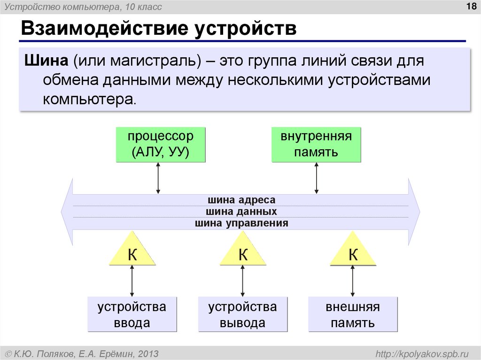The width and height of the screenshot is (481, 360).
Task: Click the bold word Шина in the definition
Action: coord(46,61)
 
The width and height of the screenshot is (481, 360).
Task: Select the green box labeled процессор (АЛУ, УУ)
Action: coord(161,145)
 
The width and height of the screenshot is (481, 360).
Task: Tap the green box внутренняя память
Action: coord(316,145)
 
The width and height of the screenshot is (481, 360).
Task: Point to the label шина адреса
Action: coord(240,200)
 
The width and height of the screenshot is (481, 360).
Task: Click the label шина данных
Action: coord(241,212)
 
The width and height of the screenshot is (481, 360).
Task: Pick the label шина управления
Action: coord(241,223)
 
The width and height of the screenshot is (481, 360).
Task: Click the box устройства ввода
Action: coord(132,314)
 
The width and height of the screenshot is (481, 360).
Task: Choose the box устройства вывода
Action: coord(243,314)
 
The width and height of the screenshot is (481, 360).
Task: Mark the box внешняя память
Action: coord(353,314)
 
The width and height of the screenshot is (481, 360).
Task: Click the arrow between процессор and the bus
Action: coord(158,178)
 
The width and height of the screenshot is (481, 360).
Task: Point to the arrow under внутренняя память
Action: coord(316,178)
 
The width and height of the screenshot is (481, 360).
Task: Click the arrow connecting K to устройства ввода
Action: coord(132,280)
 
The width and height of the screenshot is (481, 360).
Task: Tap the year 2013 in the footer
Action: coord(147,353)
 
